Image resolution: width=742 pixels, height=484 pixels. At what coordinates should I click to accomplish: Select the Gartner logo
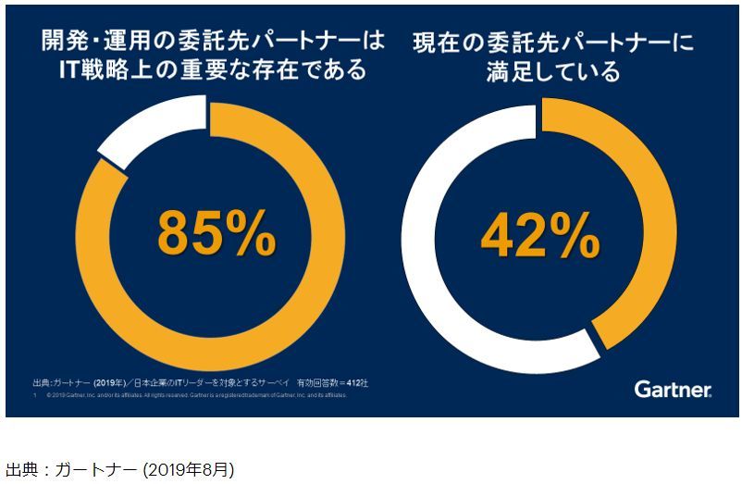tap(673, 389)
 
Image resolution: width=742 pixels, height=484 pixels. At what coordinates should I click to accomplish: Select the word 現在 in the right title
tap(441, 41)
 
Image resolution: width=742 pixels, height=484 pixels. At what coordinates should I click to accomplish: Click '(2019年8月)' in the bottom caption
tap(189, 470)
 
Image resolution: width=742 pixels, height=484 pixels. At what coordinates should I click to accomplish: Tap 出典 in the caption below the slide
tap(20, 470)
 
